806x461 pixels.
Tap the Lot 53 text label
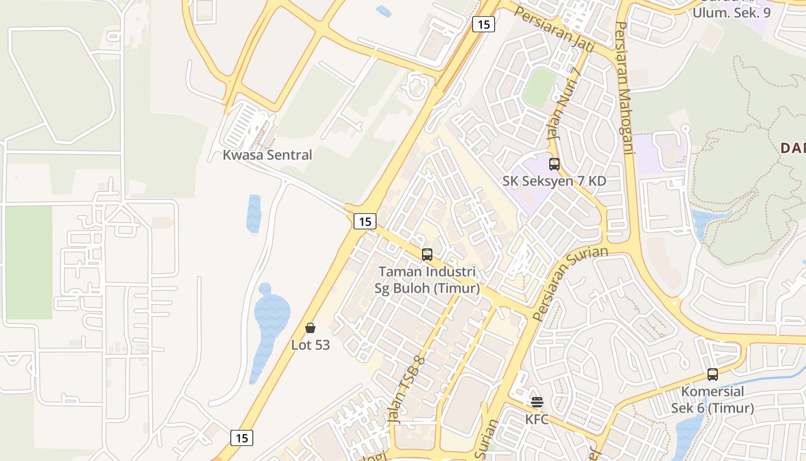[310, 345]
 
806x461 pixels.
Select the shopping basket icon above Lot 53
[310, 328]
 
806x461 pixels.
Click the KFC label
[537, 419]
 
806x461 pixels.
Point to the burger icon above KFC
[537, 402]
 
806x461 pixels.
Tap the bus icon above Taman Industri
[427, 255]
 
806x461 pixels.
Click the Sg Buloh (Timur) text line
[427, 288]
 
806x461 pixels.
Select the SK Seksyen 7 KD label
[554, 181]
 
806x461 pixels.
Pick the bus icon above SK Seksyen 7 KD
[554, 164]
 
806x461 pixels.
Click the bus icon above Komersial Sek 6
[713, 375]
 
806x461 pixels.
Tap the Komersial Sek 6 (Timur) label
[713, 400]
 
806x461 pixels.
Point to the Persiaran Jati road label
[554, 28]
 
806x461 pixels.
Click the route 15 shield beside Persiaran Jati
[484, 24]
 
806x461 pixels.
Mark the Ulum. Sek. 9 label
[731, 12]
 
